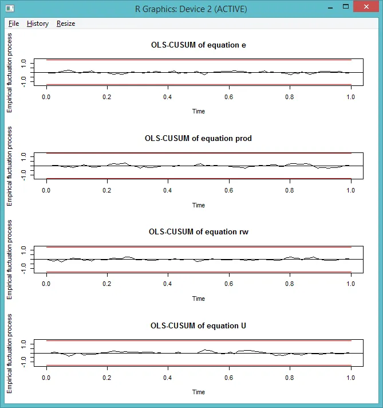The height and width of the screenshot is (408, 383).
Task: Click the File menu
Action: (x=14, y=23)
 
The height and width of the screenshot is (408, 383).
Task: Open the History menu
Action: (x=38, y=23)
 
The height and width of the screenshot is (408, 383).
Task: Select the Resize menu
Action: (x=66, y=23)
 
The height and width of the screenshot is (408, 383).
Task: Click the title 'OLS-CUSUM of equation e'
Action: (x=199, y=45)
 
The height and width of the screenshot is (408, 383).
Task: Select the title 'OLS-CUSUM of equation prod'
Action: (x=199, y=138)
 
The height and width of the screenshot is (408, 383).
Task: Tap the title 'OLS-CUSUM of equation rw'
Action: (x=199, y=232)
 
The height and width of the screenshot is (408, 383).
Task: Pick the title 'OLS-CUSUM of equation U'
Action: (x=199, y=325)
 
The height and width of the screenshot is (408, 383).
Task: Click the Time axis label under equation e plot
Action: (x=199, y=111)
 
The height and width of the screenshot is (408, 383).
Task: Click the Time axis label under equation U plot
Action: (x=199, y=392)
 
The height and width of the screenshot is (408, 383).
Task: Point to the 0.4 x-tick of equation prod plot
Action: (x=168, y=190)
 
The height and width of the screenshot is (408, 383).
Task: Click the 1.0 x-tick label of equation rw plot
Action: (x=351, y=284)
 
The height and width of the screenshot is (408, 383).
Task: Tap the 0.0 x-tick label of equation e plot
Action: (x=46, y=97)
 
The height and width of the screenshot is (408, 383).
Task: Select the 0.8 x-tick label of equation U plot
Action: (x=290, y=378)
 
